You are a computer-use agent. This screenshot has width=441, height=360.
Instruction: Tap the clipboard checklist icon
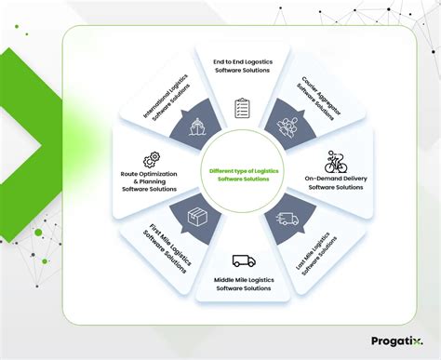coord(243,108)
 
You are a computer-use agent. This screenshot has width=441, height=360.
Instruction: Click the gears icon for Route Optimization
coord(150,160)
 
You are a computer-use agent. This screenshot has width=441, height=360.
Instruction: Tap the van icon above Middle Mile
coord(242,261)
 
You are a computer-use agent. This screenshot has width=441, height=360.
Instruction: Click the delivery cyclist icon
coord(336,162)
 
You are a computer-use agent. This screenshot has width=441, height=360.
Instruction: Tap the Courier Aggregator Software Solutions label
coord(315,97)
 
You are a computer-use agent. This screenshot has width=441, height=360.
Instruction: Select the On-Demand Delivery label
coord(336,183)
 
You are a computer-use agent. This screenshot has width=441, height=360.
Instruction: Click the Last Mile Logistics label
coord(314,252)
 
